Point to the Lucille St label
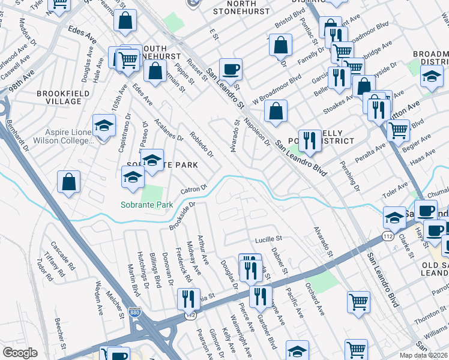(x=269, y=239)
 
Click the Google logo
(x=20, y=353)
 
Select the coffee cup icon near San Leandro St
(x=231, y=69)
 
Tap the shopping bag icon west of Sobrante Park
(x=69, y=182)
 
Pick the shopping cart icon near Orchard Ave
(x=358, y=302)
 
